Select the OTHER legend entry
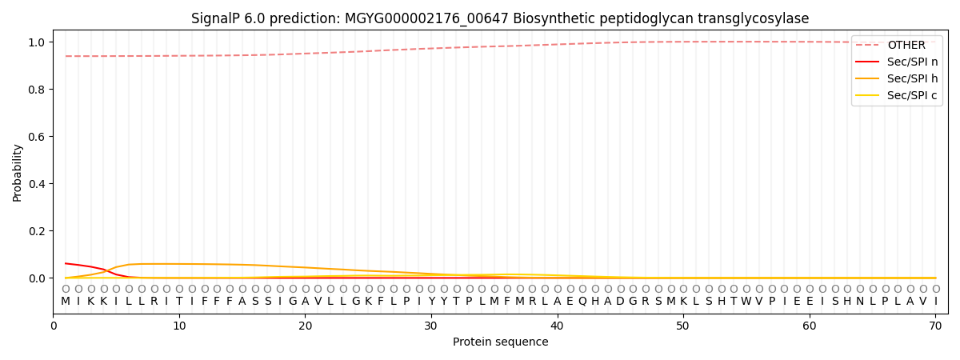coord(906,45)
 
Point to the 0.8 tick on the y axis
coord(37,90)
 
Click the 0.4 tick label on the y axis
coord(37,184)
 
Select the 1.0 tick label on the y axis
coord(37,42)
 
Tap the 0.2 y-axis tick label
coord(37,231)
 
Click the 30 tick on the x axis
coord(431,326)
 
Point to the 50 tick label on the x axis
coord(683,326)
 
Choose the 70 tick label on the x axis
coord(935,326)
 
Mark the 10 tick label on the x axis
coord(179,326)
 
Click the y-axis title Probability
coord(18,173)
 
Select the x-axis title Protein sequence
coord(500,342)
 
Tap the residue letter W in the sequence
coord(746,302)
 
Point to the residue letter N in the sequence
coord(872,302)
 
